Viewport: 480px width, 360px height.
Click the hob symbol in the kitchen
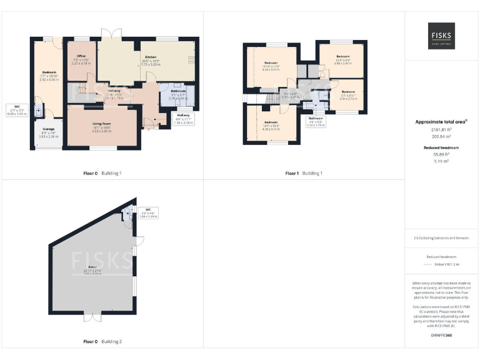pyautogui.click(x=190, y=60)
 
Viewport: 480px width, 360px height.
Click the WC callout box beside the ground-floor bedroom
pyautogui.click(x=17, y=110)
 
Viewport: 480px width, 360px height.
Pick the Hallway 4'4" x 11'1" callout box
pyautogui.click(x=183, y=119)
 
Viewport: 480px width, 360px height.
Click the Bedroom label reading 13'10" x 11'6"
pyautogui.click(x=271, y=66)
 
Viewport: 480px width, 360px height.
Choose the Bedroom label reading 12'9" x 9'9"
pyautogui.click(x=342, y=59)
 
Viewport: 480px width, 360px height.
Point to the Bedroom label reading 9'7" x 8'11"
pyautogui.click(x=348, y=95)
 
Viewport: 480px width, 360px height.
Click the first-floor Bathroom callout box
pyautogui.click(x=315, y=121)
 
